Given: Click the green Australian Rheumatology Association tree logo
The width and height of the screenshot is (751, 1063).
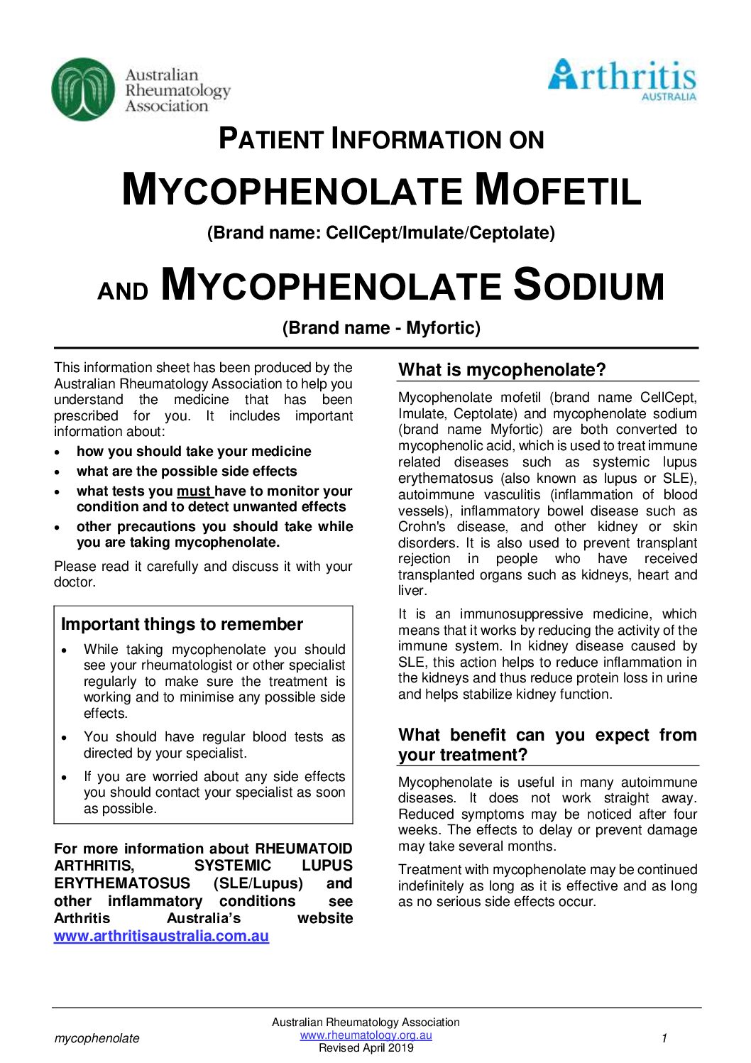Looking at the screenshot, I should click(x=83, y=89).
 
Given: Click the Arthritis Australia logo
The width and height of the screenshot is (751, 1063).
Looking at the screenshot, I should click(x=622, y=80).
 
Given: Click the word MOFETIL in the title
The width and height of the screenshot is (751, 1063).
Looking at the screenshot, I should click(x=557, y=190).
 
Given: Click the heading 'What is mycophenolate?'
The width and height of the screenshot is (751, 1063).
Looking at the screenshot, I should click(x=502, y=369).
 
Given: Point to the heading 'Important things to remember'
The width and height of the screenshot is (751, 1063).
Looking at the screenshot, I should click(x=182, y=624).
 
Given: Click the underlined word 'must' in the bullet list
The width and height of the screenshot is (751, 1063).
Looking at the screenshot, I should click(x=194, y=491).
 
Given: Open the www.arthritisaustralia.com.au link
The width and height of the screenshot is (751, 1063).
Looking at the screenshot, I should click(x=161, y=936).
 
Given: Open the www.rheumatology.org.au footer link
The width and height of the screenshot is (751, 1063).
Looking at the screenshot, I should click(x=366, y=1035).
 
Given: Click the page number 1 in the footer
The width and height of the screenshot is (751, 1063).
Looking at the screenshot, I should click(x=664, y=1038).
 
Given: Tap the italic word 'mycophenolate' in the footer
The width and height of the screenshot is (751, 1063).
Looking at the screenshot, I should click(x=97, y=1038).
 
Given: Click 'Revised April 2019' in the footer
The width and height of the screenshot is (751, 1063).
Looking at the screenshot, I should click(x=366, y=1047).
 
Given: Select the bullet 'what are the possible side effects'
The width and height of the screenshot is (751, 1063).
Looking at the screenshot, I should click(x=187, y=471).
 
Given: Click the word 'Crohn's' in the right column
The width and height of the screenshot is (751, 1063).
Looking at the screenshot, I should click(x=422, y=527).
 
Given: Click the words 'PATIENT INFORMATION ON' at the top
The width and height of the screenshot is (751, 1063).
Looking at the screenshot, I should click(x=381, y=139).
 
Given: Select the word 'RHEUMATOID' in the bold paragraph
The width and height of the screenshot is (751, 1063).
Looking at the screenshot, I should click(x=304, y=849).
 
